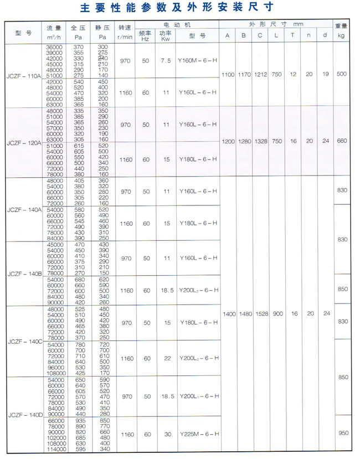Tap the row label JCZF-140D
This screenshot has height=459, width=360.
point(24,414)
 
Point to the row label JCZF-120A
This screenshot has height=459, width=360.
point(24,142)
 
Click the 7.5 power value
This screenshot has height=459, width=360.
point(164,61)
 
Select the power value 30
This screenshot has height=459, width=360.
point(164,435)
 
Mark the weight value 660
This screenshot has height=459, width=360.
point(342,141)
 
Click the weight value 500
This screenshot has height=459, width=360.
point(342,74)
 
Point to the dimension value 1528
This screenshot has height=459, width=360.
point(260,314)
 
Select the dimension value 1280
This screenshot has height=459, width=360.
point(244,141)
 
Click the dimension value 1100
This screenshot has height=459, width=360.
point(228,74)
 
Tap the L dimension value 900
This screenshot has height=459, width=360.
point(277,314)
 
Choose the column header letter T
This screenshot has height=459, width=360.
point(293,36)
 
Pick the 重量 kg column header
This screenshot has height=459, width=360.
point(342,31)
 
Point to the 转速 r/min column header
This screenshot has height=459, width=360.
point(125,31)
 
